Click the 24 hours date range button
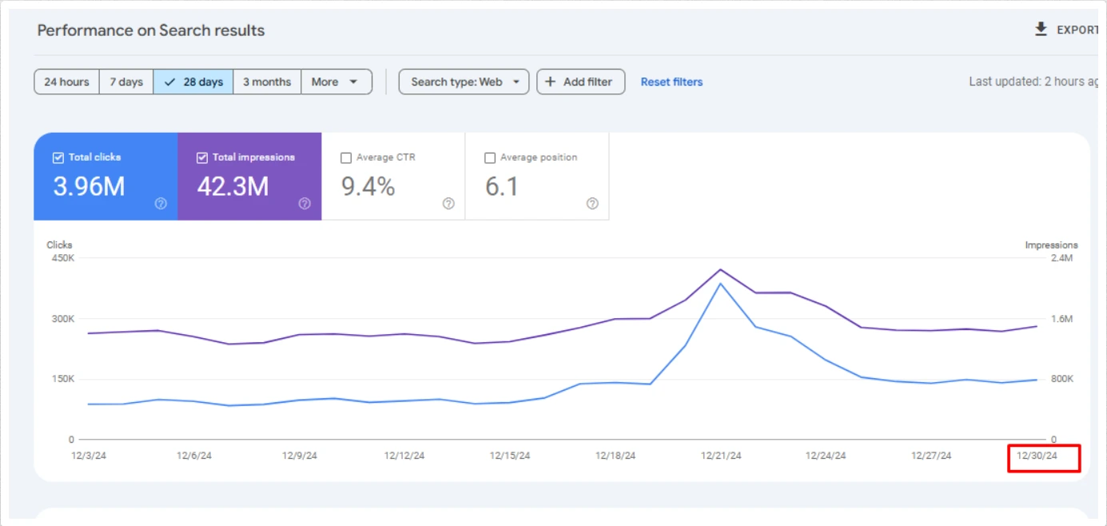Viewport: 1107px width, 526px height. tap(66, 82)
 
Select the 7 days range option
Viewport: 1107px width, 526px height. tap(126, 82)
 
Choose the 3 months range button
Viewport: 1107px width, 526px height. tap(267, 82)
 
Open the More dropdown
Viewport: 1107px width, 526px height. tap(336, 82)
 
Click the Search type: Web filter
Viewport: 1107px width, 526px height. tap(464, 82)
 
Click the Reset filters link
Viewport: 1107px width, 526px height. tap(671, 82)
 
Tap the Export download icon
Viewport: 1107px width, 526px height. tap(1041, 30)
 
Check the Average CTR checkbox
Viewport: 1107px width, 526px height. tap(346, 158)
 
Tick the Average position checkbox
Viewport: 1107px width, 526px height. tap(490, 158)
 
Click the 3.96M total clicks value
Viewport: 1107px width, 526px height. tap(89, 186)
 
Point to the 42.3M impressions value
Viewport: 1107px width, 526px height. tap(233, 186)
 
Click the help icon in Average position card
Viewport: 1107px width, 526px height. tap(592, 204)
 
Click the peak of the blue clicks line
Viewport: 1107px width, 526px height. tap(721, 284)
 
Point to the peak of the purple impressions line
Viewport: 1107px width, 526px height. tap(721, 269)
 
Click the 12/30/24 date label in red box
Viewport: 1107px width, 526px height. tap(1037, 456)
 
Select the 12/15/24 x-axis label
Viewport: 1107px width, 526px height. tap(510, 456)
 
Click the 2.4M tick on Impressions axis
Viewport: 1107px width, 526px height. tap(1062, 258)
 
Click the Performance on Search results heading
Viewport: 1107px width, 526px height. tap(151, 30)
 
